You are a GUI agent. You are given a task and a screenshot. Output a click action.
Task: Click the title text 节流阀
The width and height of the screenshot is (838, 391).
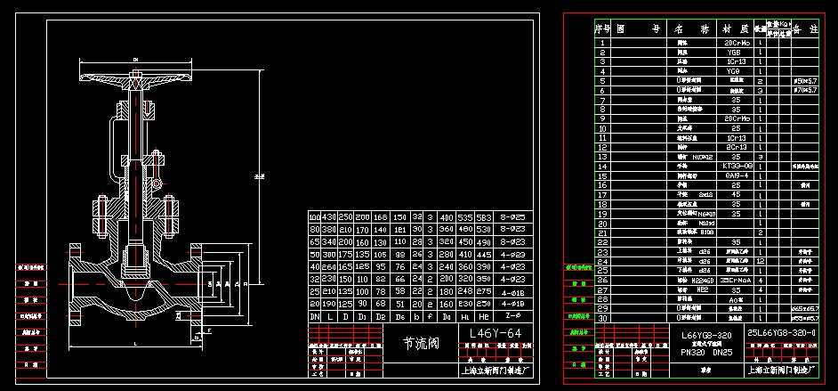tap(421, 342)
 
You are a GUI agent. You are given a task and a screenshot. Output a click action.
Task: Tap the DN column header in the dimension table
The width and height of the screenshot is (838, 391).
tap(314, 315)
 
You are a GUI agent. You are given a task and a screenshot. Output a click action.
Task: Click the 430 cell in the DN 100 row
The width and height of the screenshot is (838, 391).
tap(330, 217)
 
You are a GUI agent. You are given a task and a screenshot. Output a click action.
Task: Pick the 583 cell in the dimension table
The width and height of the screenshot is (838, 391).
tap(483, 217)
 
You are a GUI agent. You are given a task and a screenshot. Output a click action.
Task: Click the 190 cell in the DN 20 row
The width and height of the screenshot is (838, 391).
tap(330, 303)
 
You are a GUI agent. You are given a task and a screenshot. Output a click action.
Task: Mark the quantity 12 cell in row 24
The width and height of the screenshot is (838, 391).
tap(761, 260)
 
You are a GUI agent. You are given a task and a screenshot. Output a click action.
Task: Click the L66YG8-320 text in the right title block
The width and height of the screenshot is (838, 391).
tap(706, 336)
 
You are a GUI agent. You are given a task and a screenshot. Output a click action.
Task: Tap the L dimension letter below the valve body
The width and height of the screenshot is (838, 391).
tap(134, 342)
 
